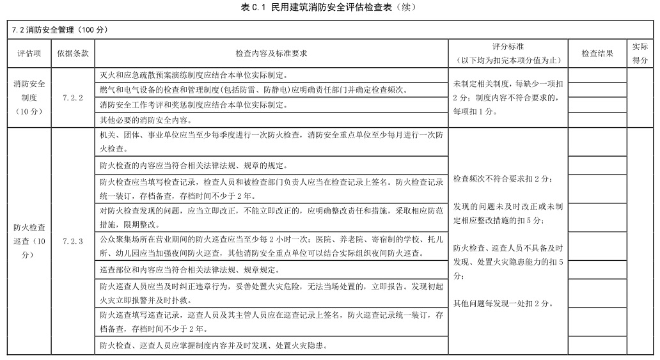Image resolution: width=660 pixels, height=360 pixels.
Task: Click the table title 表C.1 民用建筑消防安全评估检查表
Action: point(329,7)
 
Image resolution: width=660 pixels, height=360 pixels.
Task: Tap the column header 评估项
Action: point(28,54)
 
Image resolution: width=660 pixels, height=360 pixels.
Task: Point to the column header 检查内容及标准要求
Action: point(271,54)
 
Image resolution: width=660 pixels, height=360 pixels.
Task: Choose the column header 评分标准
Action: point(508,54)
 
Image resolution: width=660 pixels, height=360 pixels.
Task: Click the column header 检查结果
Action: point(597,54)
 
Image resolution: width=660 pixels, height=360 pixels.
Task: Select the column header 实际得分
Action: point(640,54)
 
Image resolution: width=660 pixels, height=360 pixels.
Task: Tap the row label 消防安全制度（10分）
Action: point(28,98)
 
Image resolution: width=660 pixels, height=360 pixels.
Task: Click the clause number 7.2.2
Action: point(73,98)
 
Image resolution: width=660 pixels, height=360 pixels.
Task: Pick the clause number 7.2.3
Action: point(73,242)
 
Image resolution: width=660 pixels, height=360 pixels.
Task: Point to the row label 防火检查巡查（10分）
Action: point(28,242)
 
